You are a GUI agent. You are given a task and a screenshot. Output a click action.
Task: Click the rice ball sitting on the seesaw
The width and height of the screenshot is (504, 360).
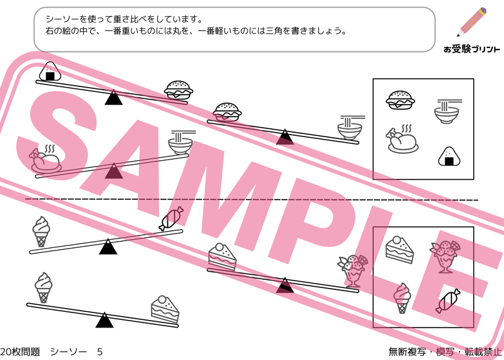click(x=50, y=71)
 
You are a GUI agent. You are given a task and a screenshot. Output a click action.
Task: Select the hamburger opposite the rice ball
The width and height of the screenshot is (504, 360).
click(x=178, y=90)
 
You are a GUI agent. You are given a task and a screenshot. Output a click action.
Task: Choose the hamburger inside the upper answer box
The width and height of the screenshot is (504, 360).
click(x=400, y=100)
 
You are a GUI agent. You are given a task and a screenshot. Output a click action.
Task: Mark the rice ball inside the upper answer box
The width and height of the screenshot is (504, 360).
click(x=449, y=157)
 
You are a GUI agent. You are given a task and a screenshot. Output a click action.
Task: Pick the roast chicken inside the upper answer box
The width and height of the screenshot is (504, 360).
click(x=402, y=139)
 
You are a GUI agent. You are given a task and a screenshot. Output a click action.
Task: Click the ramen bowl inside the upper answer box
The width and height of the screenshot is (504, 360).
click(x=448, y=111)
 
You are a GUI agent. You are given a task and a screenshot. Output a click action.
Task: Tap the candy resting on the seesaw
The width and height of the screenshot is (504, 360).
click(x=171, y=219)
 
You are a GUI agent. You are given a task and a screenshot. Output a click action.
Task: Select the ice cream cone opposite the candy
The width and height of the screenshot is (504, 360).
click(x=41, y=232)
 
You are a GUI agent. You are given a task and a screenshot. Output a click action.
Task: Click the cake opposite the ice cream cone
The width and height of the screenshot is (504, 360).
click(x=165, y=309)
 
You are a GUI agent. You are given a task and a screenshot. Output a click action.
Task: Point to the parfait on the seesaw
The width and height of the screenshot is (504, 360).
click(x=352, y=270)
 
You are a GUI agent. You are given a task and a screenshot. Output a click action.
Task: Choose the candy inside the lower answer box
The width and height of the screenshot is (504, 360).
click(x=448, y=301)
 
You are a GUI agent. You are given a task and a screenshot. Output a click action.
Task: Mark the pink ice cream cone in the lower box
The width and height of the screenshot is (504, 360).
click(x=402, y=298)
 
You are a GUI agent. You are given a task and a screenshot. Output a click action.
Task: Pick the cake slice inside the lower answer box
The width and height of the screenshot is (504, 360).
click(x=399, y=250)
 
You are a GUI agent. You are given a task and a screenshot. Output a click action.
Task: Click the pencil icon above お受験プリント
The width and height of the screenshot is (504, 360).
click(x=472, y=21)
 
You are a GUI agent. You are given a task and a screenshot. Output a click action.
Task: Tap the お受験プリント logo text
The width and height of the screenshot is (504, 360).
click(x=472, y=49)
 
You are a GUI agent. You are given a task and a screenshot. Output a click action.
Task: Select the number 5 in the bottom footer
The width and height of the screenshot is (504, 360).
click(x=100, y=352)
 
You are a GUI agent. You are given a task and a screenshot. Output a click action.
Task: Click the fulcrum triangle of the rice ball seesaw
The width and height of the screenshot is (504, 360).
click(x=113, y=98)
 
